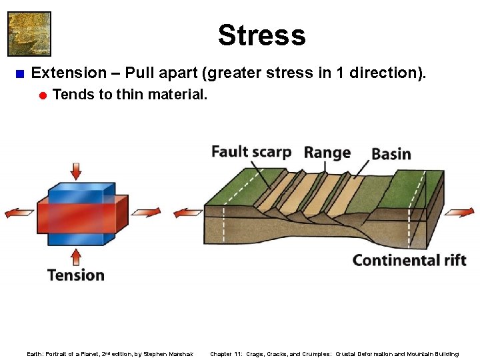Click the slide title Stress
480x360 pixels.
261,35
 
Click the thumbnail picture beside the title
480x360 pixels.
29,33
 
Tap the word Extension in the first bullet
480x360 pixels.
69,73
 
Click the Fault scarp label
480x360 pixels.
251,152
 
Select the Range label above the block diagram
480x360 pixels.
327,153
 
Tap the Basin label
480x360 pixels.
391,154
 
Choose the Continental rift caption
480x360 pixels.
409,260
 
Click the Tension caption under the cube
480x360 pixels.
76,275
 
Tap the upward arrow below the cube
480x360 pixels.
76,257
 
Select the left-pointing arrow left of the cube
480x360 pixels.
19,213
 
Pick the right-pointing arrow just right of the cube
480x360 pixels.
145,212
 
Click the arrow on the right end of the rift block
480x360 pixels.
459,212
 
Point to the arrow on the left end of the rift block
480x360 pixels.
188,213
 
